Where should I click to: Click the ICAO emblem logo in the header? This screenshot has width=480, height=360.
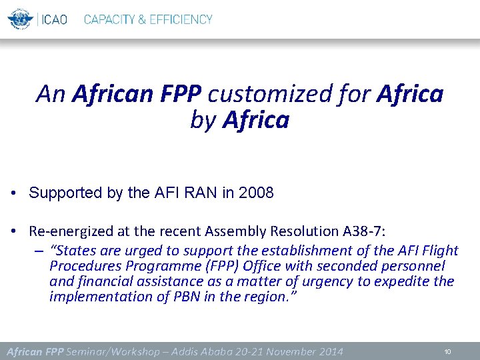point(21,19)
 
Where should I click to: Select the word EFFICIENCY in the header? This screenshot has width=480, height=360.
point(181,19)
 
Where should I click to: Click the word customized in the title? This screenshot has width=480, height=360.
point(257,95)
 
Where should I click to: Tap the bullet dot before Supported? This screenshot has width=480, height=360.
point(13,194)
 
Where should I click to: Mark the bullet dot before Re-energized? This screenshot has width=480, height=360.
point(13,231)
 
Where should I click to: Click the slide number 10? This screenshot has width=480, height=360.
point(447,351)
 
